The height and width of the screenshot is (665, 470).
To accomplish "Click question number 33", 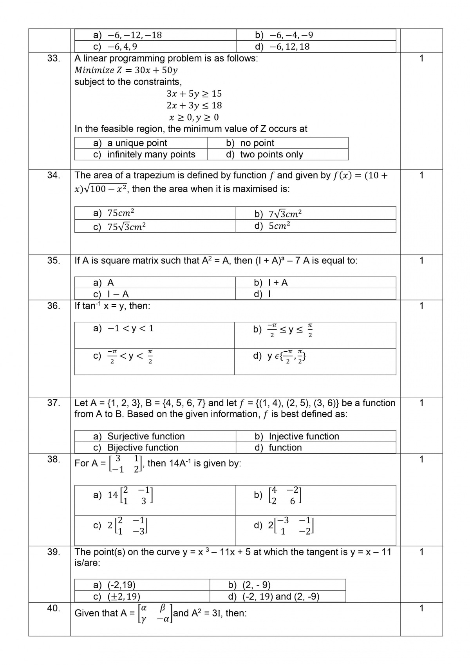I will pyautogui.click(x=54, y=58).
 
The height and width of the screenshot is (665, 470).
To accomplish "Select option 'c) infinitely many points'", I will pyautogui.click(x=144, y=154).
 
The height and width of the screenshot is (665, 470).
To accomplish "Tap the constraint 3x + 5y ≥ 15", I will pyautogui.click(x=194, y=94).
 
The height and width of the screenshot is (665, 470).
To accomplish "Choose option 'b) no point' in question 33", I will pyautogui.click(x=250, y=143).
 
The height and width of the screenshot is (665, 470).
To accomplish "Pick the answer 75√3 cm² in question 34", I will pyautogui.click(x=120, y=227).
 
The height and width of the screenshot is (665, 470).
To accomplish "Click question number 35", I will pyautogui.click(x=54, y=260).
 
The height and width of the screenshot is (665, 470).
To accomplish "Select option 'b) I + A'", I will pyautogui.click(x=271, y=283).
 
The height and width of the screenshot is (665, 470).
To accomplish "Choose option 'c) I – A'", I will pyautogui.click(x=111, y=294).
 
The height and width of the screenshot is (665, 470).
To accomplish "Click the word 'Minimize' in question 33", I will pyautogui.click(x=94, y=70).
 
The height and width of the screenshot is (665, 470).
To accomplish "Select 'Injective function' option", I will pyautogui.click(x=297, y=436).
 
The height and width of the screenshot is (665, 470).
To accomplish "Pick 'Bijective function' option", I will pyautogui.click(x=136, y=447).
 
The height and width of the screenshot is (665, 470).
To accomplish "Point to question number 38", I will pyautogui.click(x=54, y=459).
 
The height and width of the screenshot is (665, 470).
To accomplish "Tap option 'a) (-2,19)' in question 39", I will pyautogui.click(x=114, y=585).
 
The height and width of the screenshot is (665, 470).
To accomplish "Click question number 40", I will pyautogui.click(x=54, y=608).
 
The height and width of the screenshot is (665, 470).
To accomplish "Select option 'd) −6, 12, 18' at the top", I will pyautogui.click(x=282, y=47).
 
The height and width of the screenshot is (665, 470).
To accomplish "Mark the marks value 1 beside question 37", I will pyautogui.click(x=421, y=403).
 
